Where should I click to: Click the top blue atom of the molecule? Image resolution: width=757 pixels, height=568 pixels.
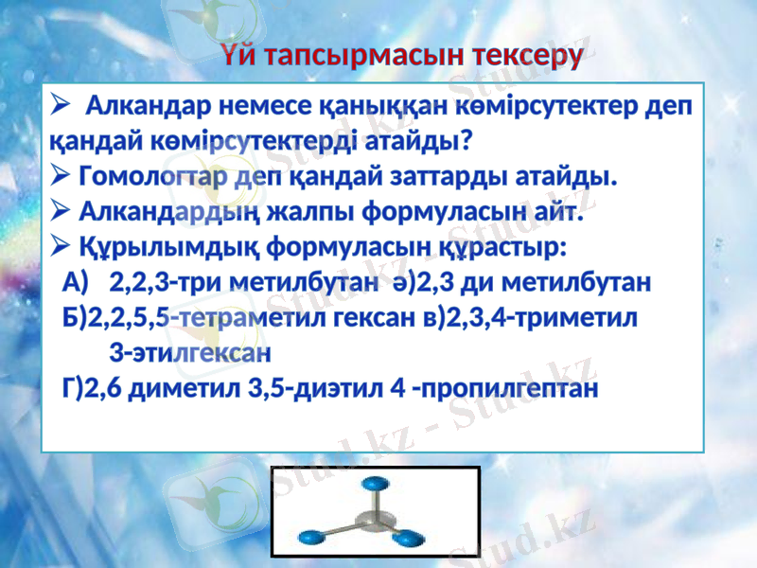coord(376,483)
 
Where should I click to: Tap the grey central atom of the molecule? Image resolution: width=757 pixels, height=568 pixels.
coord(377,520)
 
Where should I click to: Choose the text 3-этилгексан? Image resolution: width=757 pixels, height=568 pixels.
coord(189,353)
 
